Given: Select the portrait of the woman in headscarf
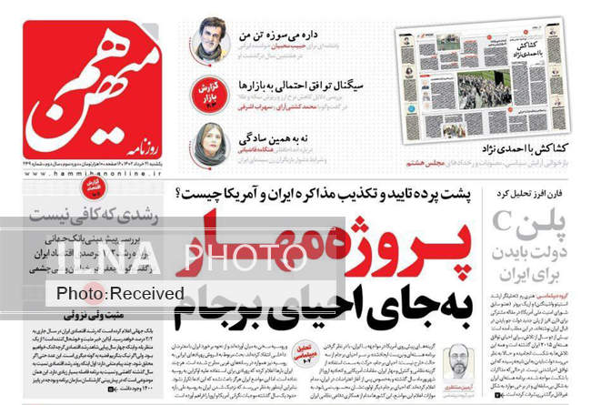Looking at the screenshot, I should (x=208, y=144).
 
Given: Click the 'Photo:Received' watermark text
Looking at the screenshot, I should (x=119, y=294).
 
